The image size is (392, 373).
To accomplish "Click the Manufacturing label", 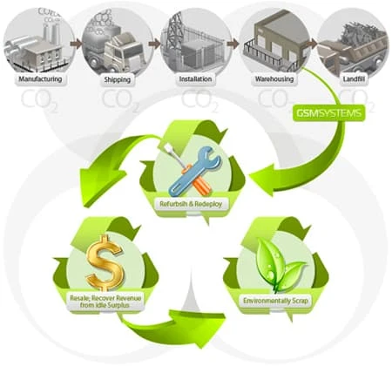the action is pyautogui.click(x=40, y=79).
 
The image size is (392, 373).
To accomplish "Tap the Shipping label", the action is pyautogui.click(x=118, y=79).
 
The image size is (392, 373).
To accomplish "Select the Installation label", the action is pyautogui.click(x=195, y=79).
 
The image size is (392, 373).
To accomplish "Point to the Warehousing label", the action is pyautogui.click(x=274, y=79).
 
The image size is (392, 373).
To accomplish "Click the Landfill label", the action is pyautogui.click(x=354, y=79).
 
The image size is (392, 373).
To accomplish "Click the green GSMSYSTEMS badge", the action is pyautogui.click(x=329, y=112).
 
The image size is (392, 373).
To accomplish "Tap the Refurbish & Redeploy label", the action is pyautogui.click(x=191, y=204).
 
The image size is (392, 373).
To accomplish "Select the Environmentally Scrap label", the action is pyautogui.click(x=275, y=301).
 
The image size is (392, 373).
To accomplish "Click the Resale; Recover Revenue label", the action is pyautogui.click(x=105, y=302).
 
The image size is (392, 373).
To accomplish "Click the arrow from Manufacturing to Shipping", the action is pyautogui.click(x=76, y=44).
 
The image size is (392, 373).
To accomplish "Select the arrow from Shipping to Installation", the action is pyautogui.click(x=154, y=44).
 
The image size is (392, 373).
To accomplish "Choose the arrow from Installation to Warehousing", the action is pyautogui.click(x=233, y=44).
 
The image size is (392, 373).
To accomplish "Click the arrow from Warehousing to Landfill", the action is pyautogui.click(x=311, y=44).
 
